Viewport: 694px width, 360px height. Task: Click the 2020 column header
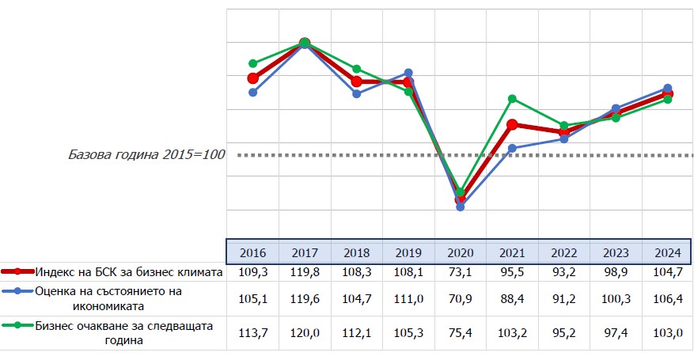pyautogui.click(x=460, y=252)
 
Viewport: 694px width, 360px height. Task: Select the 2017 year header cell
pyautogui.click(x=305, y=252)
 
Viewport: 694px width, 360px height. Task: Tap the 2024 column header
pyautogui.click(x=667, y=252)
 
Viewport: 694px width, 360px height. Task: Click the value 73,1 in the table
pyautogui.click(x=460, y=271)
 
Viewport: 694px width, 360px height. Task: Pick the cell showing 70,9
pyautogui.click(x=460, y=297)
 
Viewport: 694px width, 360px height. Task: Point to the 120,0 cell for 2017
pyautogui.click(x=305, y=332)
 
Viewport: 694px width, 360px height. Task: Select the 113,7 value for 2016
pyautogui.click(x=252, y=332)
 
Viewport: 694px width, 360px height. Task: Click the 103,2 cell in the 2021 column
pyautogui.click(x=512, y=332)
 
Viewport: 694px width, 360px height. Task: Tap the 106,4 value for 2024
pyautogui.click(x=667, y=297)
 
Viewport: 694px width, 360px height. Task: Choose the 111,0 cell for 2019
pyautogui.click(x=408, y=297)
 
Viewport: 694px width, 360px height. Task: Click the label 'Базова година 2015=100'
pyautogui.click(x=146, y=154)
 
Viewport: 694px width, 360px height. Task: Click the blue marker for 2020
pyautogui.click(x=460, y=207)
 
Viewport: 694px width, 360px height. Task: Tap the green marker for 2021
pyautogui.click(x=512, y=99)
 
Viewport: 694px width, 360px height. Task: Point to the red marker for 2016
pyautogui.click(x=252, y=78)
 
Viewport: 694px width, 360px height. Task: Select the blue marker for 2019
pyautogui.click(x=408, y=73)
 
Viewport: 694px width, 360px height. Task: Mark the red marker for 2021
pyautogui.click(x=512, y=124)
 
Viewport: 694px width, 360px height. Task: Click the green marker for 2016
pyautogui.click(x=252, y=63)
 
